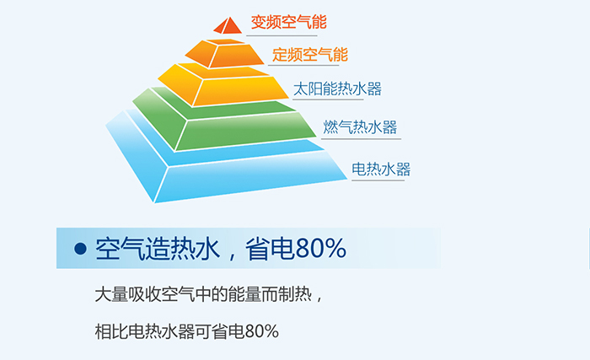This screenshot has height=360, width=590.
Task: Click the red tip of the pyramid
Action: (x=228, y=26)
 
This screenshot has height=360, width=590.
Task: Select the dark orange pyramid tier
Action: (x=226, y=53)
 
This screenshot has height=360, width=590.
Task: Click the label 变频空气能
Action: (x=288, y=22)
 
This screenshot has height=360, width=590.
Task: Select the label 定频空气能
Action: (x=310, y=55)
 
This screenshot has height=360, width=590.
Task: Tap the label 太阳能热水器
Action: (x=337, y=89)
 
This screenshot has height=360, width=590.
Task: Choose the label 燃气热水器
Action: (x=360, y=127)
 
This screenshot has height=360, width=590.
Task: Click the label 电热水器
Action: (x=381, y=169)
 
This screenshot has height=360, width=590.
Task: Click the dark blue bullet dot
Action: (x=81, y=249)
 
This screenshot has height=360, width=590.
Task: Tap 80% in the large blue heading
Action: (x=321, y=249)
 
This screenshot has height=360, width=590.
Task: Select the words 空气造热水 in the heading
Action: (x=158, y=249)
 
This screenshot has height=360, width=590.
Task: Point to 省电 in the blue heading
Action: (x=271, y=249)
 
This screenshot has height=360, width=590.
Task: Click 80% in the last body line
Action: (x=261, y=331)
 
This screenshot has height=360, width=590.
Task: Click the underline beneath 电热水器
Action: (x=378, y=180)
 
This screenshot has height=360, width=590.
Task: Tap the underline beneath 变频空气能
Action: (x=282, y=35)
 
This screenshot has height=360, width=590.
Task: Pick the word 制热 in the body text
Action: (x=295, y=294)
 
